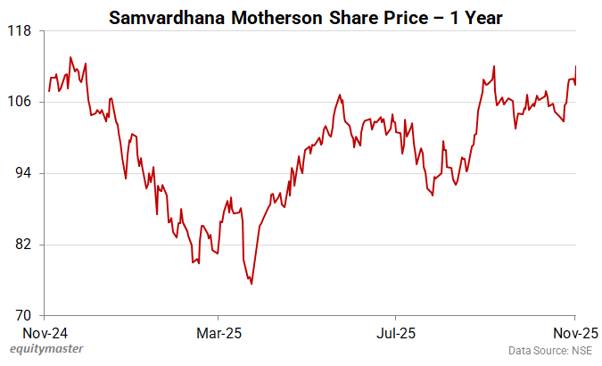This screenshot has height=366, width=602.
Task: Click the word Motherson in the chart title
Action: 268,17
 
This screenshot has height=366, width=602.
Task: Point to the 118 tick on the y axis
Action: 20,30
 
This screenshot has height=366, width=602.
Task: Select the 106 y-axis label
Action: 20,102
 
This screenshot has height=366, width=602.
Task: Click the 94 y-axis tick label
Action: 22,173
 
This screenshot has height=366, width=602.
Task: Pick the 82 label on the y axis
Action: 22,245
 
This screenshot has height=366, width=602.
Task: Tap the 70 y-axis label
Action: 22,316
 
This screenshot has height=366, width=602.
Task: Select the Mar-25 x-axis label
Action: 218,332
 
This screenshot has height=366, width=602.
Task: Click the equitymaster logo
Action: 42,350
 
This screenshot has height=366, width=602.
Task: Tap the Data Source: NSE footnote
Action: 550,351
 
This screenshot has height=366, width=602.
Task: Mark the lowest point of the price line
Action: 252,284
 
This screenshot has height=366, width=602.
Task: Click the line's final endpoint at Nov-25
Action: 576,66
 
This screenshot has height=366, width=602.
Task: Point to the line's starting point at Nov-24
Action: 48,91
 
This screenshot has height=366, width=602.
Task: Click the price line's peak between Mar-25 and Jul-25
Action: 340,95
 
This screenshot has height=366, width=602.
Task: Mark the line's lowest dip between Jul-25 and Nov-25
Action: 433,195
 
